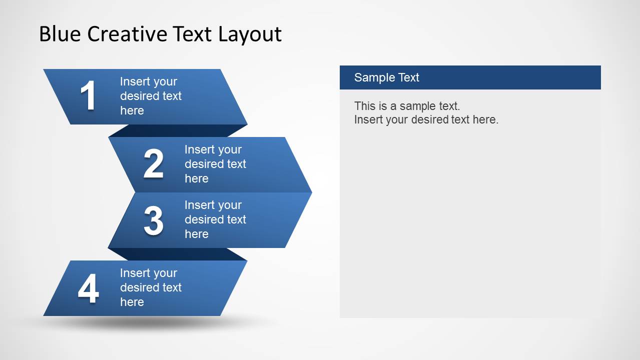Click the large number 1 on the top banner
tap(88, 96)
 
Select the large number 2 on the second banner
tap(153, 164)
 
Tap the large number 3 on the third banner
tap(153, 220)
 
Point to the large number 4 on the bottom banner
tap(88, 289)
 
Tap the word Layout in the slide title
tap(250, 34)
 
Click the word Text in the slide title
tap(192, 34)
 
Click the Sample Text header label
tap(386, 77)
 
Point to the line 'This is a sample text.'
tap(407, 106)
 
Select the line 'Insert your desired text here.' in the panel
tap(426, 119)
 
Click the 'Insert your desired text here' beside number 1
tap(150, 96)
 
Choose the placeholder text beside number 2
tap(215, 164)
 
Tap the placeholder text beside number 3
tap(215, 219)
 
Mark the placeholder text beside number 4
tap(150, 287)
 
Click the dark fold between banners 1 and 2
tap(178, 130)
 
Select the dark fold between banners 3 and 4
tap(178, 254)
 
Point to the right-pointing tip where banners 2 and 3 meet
tap(308, 192)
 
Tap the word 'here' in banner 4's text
tap(132, 302)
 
